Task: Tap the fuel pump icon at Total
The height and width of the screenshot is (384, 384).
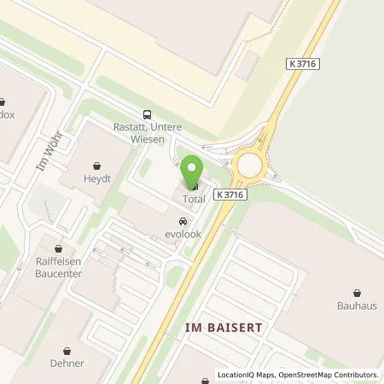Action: click(194, 184)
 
